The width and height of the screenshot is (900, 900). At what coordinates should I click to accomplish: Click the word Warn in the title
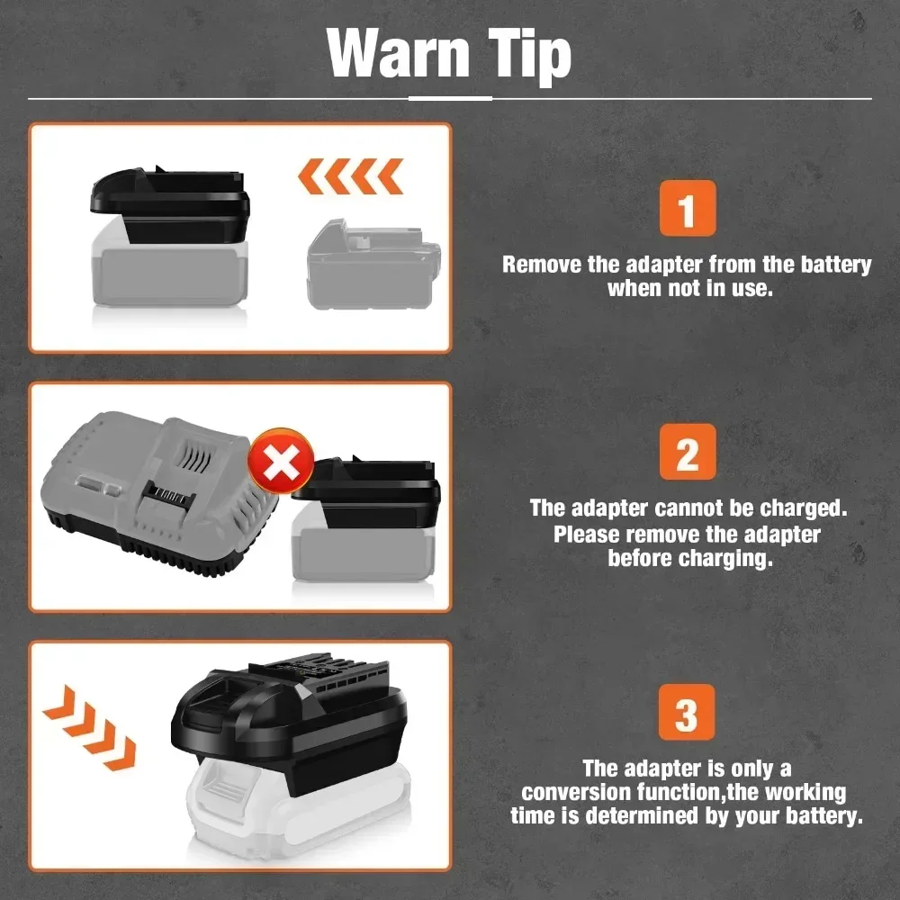pos(398,53)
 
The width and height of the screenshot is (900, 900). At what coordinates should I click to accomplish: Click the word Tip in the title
pos(530,56)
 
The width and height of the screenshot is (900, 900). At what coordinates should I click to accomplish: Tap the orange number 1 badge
pos(688,208)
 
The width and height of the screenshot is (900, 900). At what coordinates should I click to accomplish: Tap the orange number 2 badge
pos(688,452)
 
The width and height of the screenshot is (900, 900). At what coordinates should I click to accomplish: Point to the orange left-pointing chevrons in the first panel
pos(350,176)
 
